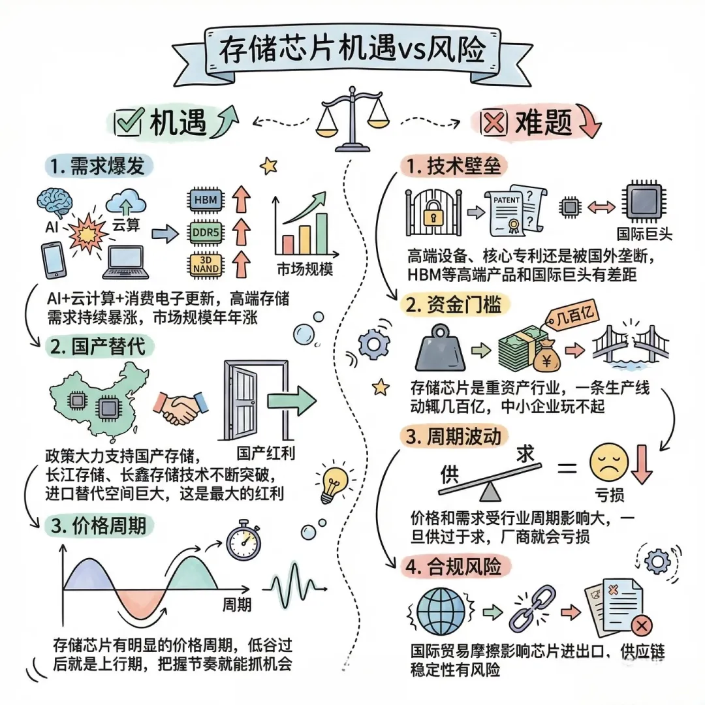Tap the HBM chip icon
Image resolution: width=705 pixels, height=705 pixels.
(x=206, y=198)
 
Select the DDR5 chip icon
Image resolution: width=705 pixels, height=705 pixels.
(x=206, y=232)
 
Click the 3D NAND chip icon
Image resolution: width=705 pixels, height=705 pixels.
(x=206, y=264)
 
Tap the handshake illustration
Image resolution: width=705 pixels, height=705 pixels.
(x=180, y=409)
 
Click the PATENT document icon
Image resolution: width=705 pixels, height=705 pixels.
(x=514, y=208)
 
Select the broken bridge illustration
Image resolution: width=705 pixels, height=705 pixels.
(x=630, y=346)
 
